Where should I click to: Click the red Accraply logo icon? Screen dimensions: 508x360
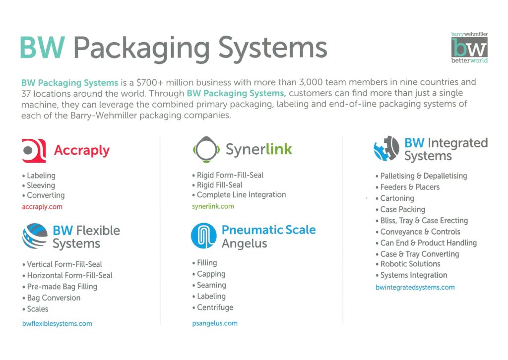34,151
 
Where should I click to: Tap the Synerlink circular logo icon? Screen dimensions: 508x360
206,149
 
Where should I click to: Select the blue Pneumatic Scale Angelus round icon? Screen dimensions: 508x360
204,236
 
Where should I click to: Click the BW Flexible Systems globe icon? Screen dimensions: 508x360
35,236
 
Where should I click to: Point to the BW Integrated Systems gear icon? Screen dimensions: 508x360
386,149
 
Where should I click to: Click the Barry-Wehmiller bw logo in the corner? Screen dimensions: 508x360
469,48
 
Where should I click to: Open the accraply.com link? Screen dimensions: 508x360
42,207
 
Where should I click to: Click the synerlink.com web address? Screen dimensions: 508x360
213,206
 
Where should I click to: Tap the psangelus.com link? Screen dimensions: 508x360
215,323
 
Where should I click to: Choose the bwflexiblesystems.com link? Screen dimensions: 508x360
57,324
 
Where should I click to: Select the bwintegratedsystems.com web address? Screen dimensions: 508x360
415,288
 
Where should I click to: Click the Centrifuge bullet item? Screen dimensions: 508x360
213,307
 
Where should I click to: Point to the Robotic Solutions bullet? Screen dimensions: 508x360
408,264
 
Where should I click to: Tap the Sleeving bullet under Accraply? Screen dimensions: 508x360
39,185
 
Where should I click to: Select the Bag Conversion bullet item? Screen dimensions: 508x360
51,298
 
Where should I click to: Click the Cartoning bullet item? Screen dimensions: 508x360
394,198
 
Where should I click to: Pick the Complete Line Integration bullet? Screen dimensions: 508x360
239,195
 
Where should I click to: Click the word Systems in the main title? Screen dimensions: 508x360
273,49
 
